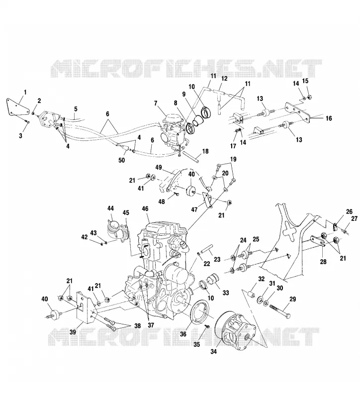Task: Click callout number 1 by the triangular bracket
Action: [25, 92]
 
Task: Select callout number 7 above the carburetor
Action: [156, 103]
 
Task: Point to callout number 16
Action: [329, 118]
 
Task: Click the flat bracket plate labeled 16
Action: [298, 111]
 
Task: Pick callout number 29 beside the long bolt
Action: [292, 299]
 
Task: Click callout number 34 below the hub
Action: [214, 352]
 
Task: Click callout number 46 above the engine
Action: [145, 209]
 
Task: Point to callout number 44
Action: [110, 208]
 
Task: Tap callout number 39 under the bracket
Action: [73, 332]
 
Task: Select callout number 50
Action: [122, 160]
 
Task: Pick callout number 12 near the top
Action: [224, 79]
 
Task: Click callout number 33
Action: [225, 293]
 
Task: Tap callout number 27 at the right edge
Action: [354, 218]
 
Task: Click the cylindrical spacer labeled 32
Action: [251, 296]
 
